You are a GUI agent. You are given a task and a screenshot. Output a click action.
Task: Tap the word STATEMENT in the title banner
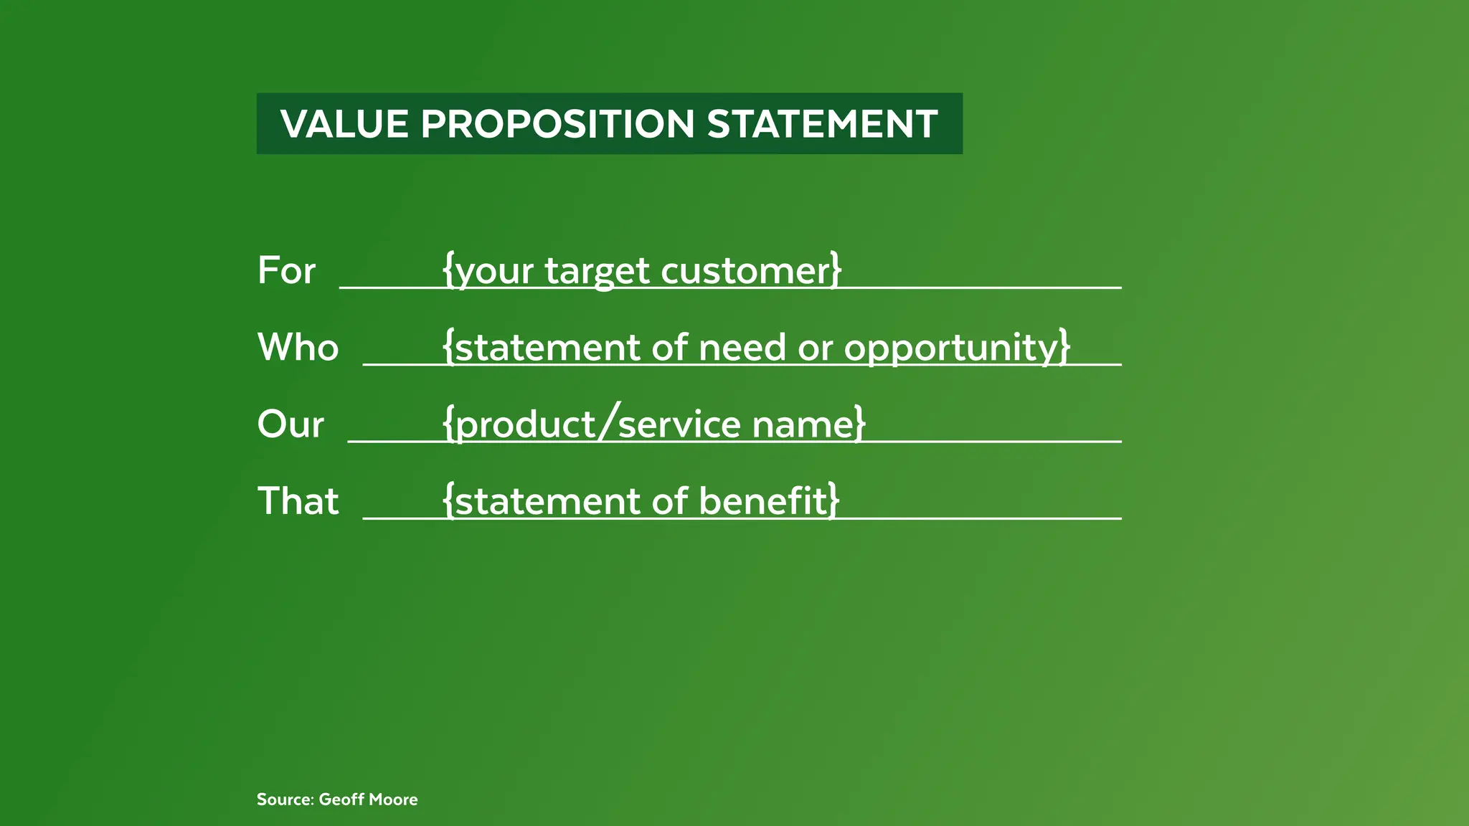click(x=822, y=124)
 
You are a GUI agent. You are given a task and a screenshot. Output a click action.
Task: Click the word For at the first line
click(x=286, y=271)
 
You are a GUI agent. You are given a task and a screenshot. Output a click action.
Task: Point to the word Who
click(x=298, y=348)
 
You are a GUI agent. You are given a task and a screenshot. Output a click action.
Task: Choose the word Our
click(x=291, y=424)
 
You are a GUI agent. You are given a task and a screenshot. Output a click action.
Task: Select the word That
click(x=298, y=501)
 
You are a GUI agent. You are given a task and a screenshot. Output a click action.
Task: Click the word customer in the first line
click(x=745, y=271)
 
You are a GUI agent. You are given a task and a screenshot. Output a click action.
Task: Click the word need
click(x=742, y=348)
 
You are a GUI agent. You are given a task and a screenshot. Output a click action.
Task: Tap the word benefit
click(x=763, y=501)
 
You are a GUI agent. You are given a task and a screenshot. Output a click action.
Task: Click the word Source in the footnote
click(x=284, y=799)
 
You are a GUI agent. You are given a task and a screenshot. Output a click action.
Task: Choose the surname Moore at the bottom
click(x=394, y=799)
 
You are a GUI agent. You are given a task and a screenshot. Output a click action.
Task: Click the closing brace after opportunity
click(x=1064, y=348)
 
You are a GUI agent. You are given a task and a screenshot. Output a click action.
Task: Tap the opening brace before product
click(x=448, y=424)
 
